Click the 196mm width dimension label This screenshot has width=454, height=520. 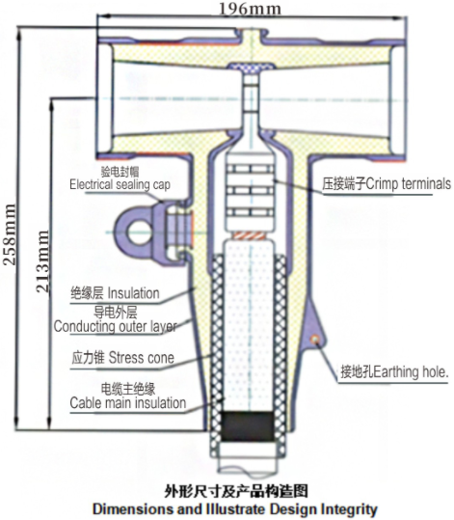[x=250, y=9]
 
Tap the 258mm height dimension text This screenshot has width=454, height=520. [x=10, y=234]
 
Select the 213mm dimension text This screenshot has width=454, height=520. [x=42, y=261]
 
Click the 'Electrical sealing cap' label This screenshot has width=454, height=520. [x=120, y=184]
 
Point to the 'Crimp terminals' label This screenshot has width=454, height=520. [x=409, y=183]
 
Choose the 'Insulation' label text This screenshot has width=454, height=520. [x=134, y=293]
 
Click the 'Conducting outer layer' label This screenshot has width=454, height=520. [x=116, y=327]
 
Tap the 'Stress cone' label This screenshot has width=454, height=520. [x=142, y=358]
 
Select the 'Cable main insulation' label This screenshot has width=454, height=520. [x=128, y=403]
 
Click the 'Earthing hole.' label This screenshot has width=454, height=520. [x=411, y=371]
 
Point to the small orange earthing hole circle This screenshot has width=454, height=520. [x=315, y=339]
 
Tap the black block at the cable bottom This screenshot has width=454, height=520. [x=248, y=426]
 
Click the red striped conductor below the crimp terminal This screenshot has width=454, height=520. [x=250, y=235]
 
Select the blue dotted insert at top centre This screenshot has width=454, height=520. [x=251, y=68]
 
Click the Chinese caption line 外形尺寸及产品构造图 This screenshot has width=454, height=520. [x=236, y=491]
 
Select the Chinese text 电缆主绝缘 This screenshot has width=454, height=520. [x=128, y=389]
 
